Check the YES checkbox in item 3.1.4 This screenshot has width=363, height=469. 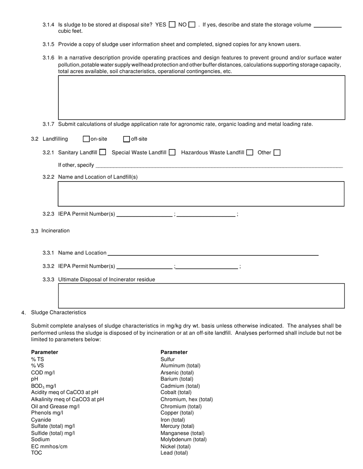pos(172,25)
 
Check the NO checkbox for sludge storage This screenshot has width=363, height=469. pos(192,25)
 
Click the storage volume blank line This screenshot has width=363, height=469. pos(327,25)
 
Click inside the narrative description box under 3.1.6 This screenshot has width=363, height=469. pos(201,98)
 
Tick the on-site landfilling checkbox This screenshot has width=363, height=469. pos(86,139)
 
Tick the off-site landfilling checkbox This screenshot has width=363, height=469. pos(126,139)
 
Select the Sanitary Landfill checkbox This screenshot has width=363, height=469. pos(102,152)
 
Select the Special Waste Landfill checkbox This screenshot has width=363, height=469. pos(172,153)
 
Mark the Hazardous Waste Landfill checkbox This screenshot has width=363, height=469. pos(250,153)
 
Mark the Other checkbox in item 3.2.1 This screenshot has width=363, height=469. pos(277,153)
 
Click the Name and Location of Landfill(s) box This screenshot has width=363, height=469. pos(201,194)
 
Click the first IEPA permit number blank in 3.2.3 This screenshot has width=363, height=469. pos(144,214)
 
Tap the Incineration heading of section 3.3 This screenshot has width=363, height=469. pos(55,231)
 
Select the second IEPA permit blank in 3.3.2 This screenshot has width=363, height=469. pos(207,267)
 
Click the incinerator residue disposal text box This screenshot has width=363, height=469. pos(201,296)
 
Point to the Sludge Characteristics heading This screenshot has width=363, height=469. pos(58,313)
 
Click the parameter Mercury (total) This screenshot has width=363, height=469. pos(177,426)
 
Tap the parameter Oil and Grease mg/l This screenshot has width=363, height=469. pos(55,406)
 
